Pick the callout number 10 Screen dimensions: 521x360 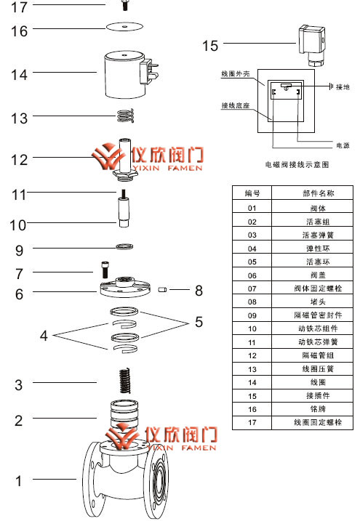point(17,225)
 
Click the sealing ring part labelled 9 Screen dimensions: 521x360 point(124,247)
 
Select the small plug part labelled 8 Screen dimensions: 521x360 point(164,291)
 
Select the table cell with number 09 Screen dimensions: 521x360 point(252,315)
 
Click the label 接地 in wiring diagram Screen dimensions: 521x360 point(343,86)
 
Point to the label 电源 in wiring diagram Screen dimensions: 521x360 point(343,145)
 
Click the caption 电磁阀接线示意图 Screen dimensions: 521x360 point(299,166)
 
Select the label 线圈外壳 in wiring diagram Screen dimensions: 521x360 point(236,74)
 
